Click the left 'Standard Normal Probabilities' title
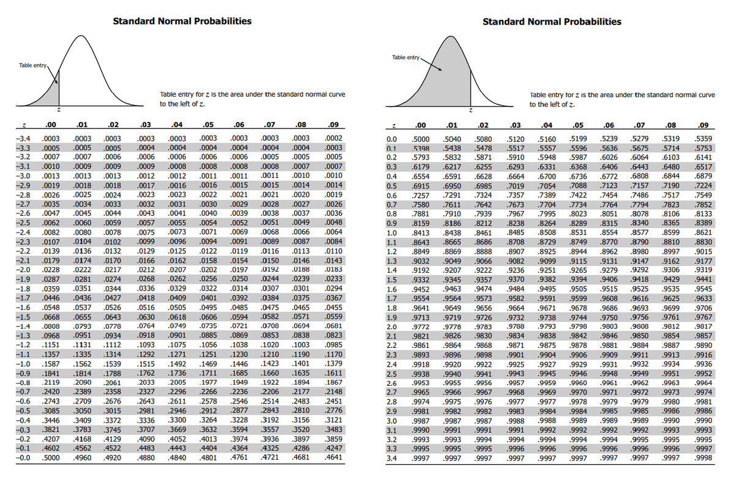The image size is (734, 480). (182, 21)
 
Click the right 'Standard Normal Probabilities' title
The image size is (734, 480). (552, 21)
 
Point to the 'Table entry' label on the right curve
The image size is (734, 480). (406, 57)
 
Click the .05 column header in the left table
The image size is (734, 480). (209, 126)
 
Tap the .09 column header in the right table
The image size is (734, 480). (703, 126)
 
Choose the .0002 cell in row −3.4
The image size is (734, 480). (334, 139)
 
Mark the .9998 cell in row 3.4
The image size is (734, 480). (703, 458)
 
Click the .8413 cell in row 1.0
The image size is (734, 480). (421, 233)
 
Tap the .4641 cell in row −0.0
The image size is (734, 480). (334, 457)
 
